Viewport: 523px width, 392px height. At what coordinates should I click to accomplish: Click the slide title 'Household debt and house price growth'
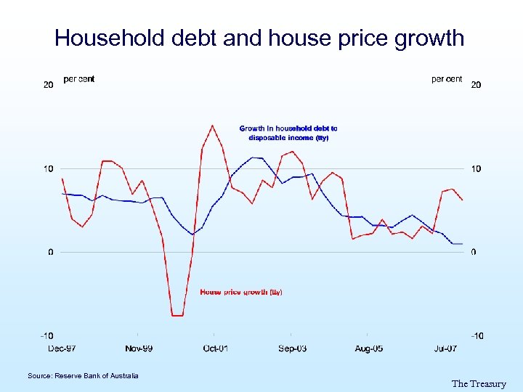[x=259, y=38]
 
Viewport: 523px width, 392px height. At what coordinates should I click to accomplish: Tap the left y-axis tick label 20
[x=49, y=85]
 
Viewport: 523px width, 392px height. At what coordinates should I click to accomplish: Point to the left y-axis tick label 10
[x=49, y=169]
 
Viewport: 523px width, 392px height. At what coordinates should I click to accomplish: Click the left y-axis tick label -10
[x=46, y=335]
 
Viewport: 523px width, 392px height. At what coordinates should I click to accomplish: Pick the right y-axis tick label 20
[x=476, y=85]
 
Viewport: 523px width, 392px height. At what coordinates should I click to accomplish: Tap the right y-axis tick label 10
[x=476, y=169]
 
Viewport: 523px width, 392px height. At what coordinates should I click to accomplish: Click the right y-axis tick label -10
[x=477, y=335]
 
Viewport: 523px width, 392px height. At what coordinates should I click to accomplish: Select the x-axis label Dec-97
[x=62, y=348]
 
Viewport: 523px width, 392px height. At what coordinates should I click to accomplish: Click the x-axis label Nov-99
[x=139, y=348]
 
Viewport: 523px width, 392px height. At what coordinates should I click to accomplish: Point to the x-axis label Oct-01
[x=216, y=348]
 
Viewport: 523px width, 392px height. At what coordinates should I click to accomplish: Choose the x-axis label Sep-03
[x=292, y=348]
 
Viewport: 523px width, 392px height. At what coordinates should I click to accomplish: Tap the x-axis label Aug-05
[x=369, y=348]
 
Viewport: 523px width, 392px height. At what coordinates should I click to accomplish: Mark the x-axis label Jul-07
[x=445, y=348]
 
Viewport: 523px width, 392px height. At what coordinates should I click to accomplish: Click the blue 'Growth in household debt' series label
[x=288, y=133]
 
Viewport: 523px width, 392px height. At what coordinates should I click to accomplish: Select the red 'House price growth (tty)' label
[x=241, y=292]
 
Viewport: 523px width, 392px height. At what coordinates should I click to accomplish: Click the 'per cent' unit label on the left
[x=78, y=79]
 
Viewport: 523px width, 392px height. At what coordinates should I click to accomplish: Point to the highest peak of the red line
[x=212, y=126]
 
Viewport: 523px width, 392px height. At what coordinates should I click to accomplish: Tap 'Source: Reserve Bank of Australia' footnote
[x=83, y=375]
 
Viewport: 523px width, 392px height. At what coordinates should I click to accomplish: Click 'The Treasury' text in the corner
[x=479, y=384]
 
